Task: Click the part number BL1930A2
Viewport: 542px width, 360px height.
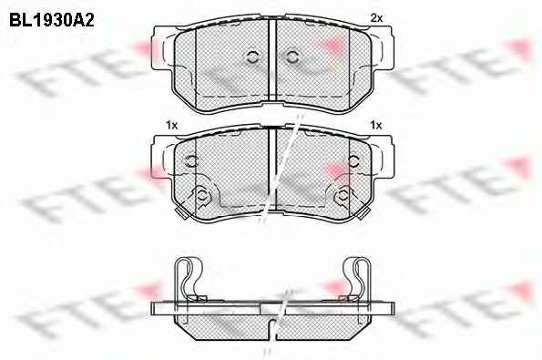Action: pyautogui.click(x=52, y=20)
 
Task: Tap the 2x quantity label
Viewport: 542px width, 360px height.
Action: pyautogui.click(x=376, y=18)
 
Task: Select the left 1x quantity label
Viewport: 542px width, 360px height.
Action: pyautogui.click(x=172, y=125)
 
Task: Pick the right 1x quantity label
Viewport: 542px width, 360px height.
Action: pyautogui.click(x=376, y=125)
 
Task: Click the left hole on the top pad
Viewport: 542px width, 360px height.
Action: pyautogui.click(x=253, y=57)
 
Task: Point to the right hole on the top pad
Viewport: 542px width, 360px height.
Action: pyautogui.click(x=292, y=57)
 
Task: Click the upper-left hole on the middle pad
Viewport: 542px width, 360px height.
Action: pyautogui.click(x=190, y=160)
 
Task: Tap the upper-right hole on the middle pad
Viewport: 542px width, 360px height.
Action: pyautogui.click(x=353, y=160)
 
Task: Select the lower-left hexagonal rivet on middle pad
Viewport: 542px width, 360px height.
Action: pyautogui.click(x=201, y=195)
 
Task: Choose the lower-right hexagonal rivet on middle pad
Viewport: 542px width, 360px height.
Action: pyautogui.click(x=343, y=195)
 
